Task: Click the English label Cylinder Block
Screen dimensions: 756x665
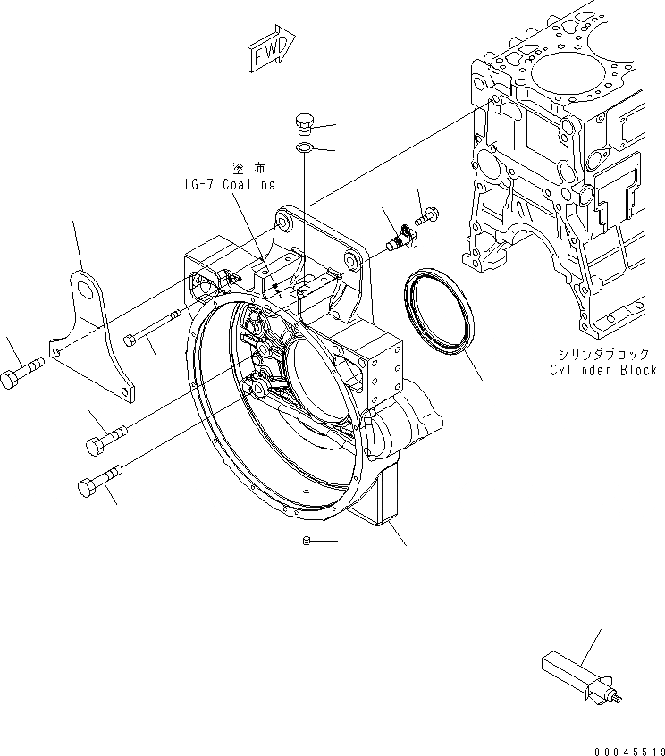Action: pyautogui.click(x=605, y=369)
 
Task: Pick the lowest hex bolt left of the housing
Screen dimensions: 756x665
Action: pyautogui.click(x=97, y=486)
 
